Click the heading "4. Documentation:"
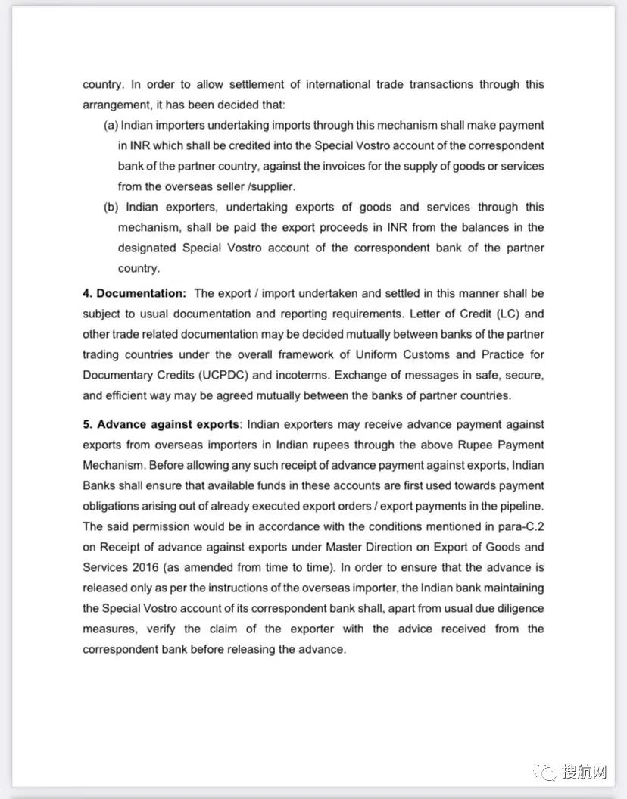tap(134, 293)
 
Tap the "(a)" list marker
tap(111, 125)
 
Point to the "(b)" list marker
tap(111, 207)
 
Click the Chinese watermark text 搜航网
tap(585, 772)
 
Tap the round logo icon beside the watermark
tap(545, 772)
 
